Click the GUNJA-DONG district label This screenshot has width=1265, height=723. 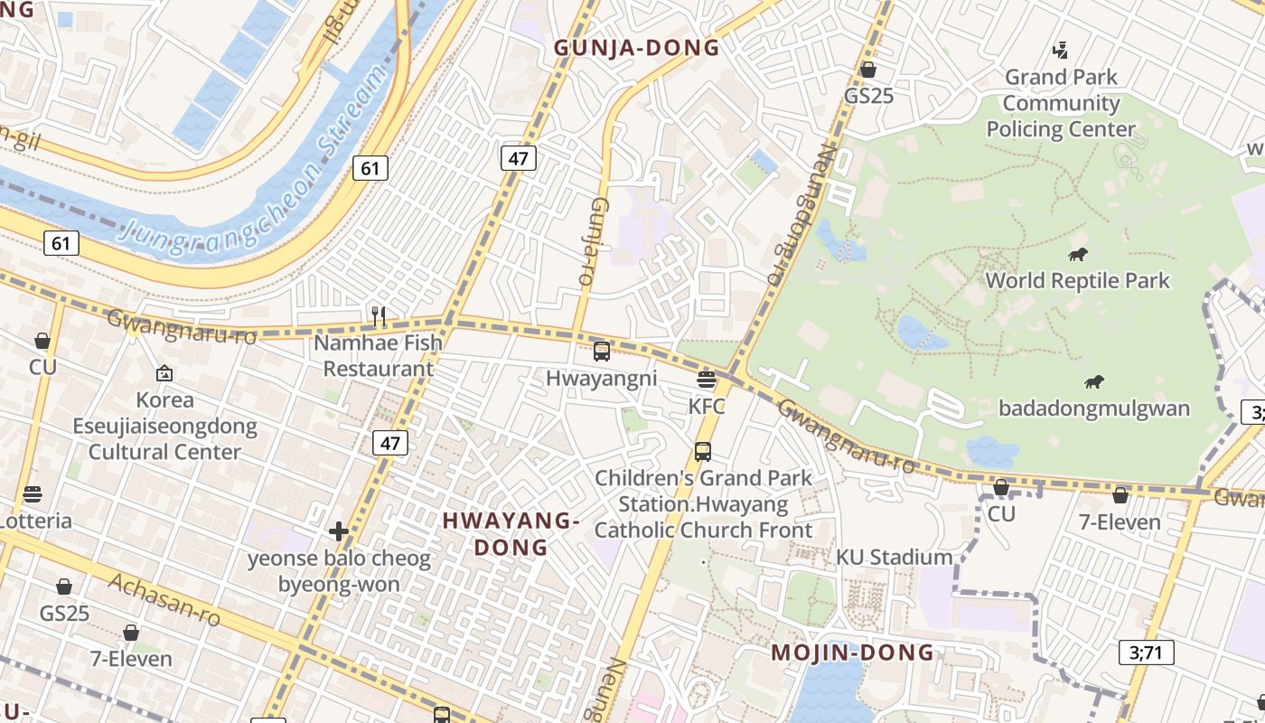[637, 48]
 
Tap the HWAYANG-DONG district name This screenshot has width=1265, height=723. [511, 533]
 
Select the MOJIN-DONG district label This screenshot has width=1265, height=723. [852, 653]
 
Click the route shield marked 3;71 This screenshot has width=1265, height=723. [1146, 652]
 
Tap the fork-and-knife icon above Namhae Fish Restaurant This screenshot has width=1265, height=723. [379, 316]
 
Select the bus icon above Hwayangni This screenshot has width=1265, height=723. [602, 352]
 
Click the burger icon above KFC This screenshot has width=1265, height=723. [707, 380]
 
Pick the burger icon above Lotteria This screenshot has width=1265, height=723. [33, 494]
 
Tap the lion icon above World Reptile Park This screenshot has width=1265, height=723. [1077, 255]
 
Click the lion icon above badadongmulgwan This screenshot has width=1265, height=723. [1094, 382]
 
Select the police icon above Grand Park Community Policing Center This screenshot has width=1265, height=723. [1062, 51]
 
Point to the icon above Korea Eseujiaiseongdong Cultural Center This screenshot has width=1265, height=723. [164, 372]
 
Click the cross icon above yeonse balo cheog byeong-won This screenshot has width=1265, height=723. [339, 531]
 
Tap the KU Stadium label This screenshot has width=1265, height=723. [894, 557]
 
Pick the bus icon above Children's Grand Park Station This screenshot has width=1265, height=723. [703, 451]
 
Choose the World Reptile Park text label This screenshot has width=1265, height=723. [1077, 280]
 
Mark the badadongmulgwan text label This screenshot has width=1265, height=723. [1094, 408]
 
